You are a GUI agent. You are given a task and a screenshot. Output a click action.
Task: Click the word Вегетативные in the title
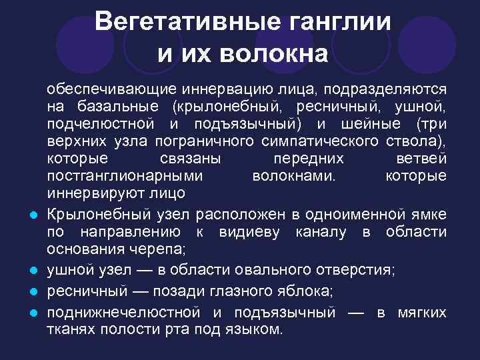tap(179, 21)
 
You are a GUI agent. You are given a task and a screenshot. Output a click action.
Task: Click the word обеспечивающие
tap(109, 89)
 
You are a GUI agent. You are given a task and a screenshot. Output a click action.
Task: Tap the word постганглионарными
tap(125, 176)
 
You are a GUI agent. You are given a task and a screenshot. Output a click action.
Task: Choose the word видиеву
tap(243, 231)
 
